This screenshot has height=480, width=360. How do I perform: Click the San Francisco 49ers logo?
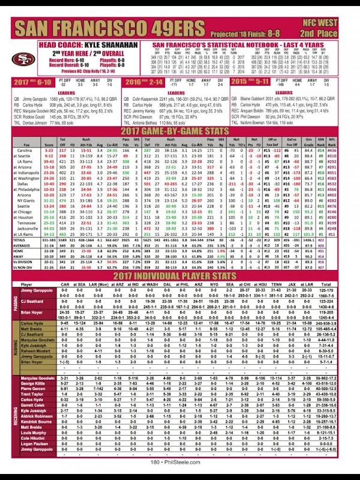click(x=23, y=58)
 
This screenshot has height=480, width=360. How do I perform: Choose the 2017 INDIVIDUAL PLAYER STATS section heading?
click(x=179, y=274)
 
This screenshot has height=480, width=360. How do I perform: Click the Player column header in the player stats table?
click(x=26, y=284)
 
